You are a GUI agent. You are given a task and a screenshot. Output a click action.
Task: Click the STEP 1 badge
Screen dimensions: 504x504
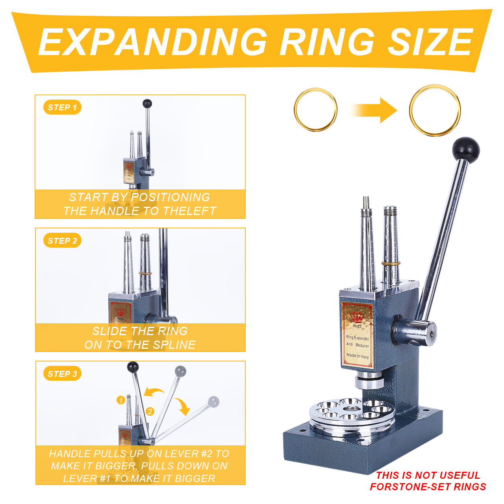click(x=62, y=107)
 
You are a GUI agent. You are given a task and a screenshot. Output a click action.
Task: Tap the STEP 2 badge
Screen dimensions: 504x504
click(x=62, y=240)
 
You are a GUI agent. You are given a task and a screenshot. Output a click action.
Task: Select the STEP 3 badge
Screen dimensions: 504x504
click(x=62, y=373)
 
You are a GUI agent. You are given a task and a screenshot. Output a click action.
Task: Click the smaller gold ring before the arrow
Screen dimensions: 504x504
click(x=295, y=110)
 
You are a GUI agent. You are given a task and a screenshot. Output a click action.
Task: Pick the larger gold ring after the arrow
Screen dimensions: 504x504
click(x=410, y=110)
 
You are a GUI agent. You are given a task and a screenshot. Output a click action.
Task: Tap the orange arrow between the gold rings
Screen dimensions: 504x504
click(x=373, y=110)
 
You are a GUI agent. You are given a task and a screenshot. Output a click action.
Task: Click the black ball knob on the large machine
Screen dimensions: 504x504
click(x=466, y=149)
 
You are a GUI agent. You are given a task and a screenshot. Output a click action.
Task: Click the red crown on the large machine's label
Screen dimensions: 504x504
click(x=357, y=317)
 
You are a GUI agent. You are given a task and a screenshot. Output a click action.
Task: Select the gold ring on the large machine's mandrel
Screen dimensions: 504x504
click(x=391, y=263)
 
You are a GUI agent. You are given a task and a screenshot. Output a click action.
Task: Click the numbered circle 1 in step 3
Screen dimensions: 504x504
click(x=120, y=400)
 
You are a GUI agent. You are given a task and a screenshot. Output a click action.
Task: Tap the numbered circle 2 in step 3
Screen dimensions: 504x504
click(x=150, y=412)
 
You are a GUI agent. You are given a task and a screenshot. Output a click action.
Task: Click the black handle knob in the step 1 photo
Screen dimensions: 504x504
click(x=147, y=103)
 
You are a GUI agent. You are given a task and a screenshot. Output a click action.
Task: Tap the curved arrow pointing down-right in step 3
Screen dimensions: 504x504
click(x=183, y=406)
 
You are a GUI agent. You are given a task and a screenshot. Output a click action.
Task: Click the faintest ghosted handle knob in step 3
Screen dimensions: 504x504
click(x=214, y=402)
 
